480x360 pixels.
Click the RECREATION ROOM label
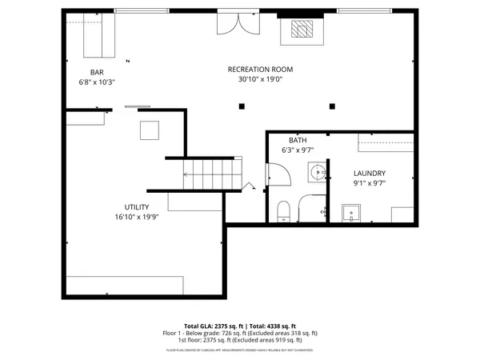[x=260, y=70]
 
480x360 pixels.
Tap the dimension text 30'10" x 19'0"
[x=260, y=79]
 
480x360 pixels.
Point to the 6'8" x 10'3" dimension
[x=96, y=82]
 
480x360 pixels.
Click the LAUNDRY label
[x=370, y=173]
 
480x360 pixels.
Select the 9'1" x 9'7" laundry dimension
[x=370, y=182]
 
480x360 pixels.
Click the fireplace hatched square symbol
[x=302, y=30]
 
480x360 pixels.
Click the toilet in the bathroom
[x=282, y=211]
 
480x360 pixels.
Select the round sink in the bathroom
[x=318, y=170]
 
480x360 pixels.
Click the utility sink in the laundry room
[x=351, y=213]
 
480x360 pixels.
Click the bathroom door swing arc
[x=276, y=174]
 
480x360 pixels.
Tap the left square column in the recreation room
[x=241, y=106]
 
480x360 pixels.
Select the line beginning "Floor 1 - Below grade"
[x=240, y=334]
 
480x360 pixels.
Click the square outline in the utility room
[x=150, y=130]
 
